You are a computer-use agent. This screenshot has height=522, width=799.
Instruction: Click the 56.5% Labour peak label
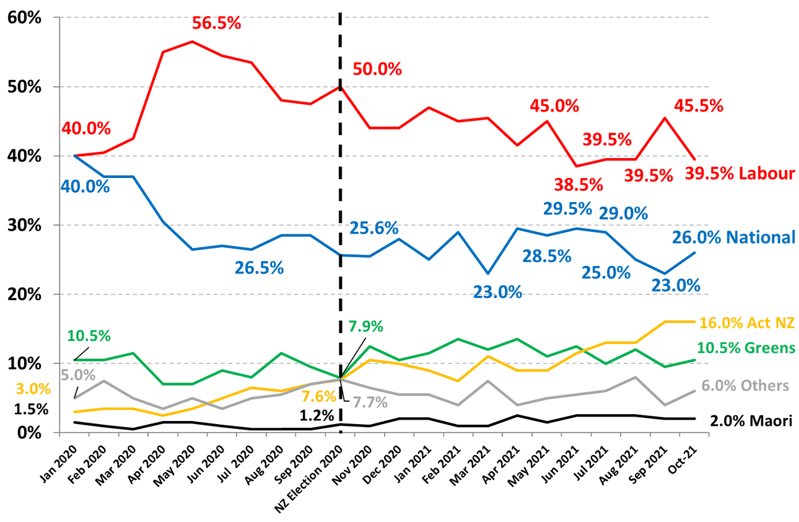[216, 23]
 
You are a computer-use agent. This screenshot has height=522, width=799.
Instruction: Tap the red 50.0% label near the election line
[377, 69]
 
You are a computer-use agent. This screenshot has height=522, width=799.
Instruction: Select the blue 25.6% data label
[373, 228]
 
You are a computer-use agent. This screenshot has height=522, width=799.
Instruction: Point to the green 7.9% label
[366, 326]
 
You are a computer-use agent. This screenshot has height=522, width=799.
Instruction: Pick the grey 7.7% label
[370, 402]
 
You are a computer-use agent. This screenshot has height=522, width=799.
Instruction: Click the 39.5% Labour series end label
[740, 174]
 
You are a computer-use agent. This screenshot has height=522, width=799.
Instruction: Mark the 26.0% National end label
[734, 237]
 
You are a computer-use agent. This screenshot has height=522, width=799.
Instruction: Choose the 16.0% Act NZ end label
[746, 322]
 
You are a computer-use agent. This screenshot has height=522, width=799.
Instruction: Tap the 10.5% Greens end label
[746, 347]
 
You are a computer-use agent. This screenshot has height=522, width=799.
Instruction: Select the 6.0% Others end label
[745, 386]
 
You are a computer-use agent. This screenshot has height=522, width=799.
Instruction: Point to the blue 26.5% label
[259, 268]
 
